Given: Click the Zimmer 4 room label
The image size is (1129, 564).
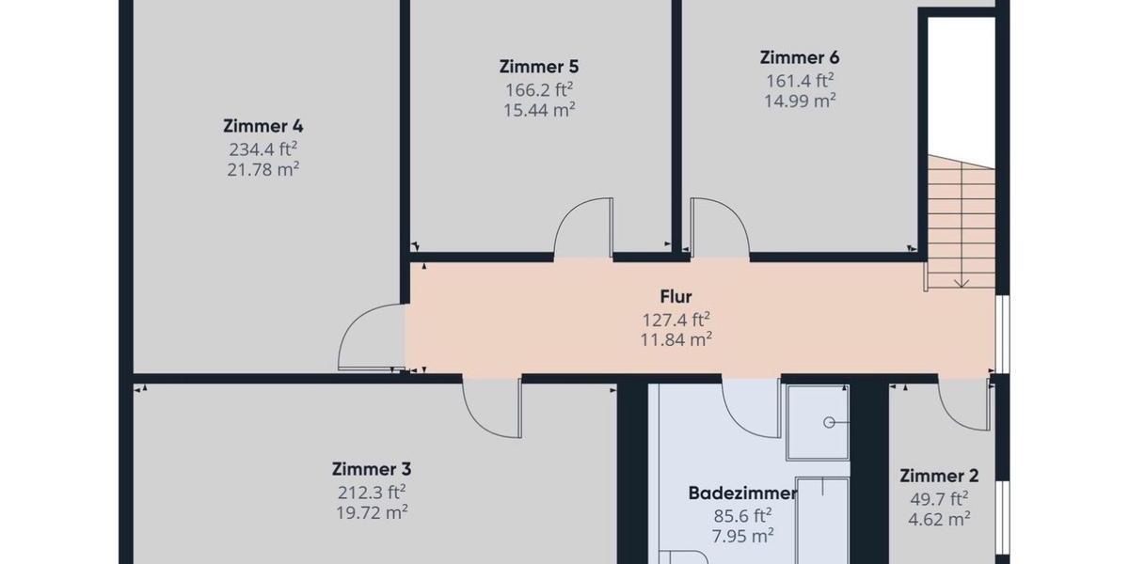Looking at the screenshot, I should [262, 126].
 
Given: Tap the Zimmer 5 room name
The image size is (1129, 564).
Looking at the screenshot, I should [538, 67].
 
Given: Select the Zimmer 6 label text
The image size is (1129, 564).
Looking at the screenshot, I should [799, 57].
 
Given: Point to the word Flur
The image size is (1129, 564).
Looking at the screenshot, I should [676, 298].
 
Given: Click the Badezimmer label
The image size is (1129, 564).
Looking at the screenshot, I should [742, 493].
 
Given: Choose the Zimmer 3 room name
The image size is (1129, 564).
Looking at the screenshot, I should [372, 469].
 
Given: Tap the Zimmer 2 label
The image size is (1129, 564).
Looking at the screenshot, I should [932, 476].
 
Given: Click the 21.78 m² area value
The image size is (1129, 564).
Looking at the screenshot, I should [262, 169].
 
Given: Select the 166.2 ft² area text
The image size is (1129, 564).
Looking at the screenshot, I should [539, 89].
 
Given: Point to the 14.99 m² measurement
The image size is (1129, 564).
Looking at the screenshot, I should [800, 101].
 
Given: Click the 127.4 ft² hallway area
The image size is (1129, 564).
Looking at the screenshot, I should [676, 320].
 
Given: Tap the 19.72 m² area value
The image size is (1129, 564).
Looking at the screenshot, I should [372, 512].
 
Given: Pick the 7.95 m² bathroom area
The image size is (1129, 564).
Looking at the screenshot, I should [742, 536].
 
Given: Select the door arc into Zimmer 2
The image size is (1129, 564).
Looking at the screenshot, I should [962, 404].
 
